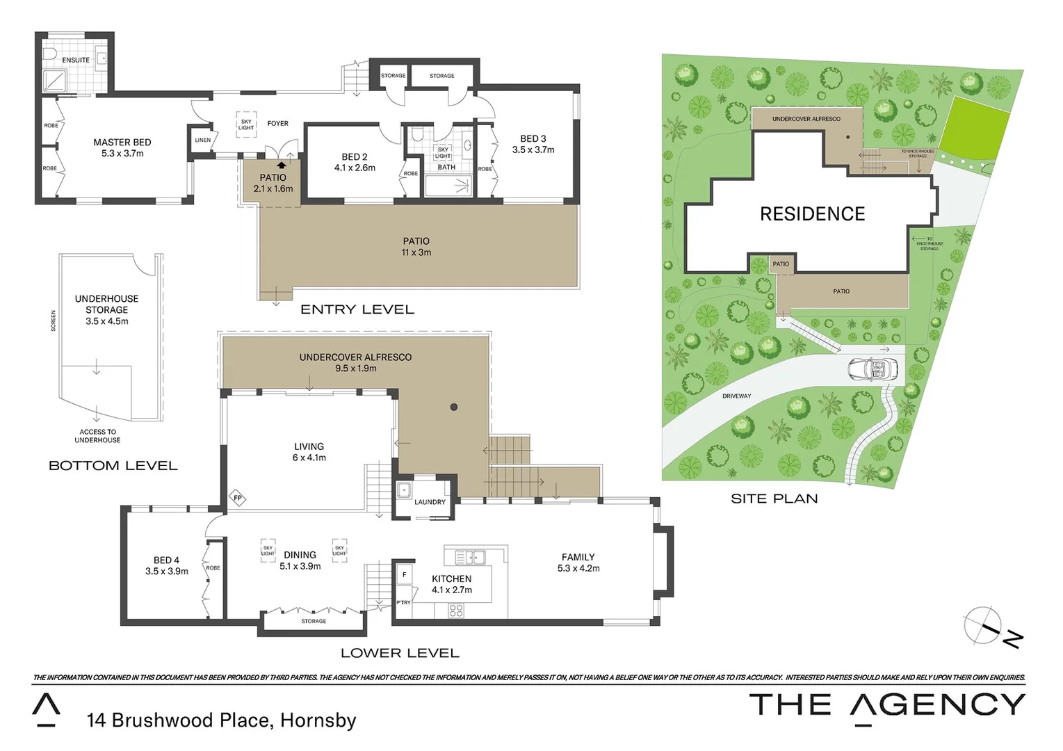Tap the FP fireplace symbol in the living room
click(238, 498)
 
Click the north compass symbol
click(984, 625)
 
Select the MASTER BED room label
click(122, 142)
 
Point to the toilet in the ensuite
click(49, 54)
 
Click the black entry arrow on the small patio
click(282, 165)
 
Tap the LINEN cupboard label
click(202, 140)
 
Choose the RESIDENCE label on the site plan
click(812, 214)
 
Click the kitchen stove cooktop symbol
click(456, 611)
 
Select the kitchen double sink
click(471, 557)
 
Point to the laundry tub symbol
click(404, 490)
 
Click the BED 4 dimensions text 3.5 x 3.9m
click(167, 572)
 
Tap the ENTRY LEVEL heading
click(357, 309)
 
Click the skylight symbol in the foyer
click(246, 124)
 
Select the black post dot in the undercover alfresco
click(454, 407)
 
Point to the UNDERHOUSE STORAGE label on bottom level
click(106, 305)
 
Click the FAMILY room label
click(578, 557)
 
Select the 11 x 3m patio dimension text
click(416, 252)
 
